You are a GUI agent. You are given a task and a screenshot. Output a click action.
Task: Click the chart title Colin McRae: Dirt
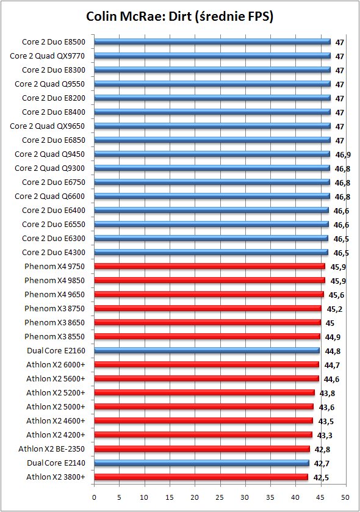[x=179, y=16]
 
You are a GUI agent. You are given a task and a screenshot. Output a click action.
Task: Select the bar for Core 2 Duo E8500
[x=212, y=41]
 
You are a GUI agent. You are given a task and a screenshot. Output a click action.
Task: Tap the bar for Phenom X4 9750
[x=209, y=267]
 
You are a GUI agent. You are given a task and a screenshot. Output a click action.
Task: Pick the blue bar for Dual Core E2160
[x=207, y=351]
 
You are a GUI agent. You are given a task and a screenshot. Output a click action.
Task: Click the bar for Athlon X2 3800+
[x=201, y=477]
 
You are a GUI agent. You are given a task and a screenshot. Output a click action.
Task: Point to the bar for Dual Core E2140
[x=201, y=463]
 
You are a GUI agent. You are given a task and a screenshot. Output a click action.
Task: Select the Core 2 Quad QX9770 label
[x=48, y=56]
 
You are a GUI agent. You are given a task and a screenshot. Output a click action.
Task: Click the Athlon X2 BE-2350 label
[x=52, y=449]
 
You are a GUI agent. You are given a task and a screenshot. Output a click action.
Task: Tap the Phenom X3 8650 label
[x=54, y=323]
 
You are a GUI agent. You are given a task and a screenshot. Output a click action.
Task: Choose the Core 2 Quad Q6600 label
[x=49, y=197]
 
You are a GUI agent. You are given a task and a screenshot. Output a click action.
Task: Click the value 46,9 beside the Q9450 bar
[x=343, y=155]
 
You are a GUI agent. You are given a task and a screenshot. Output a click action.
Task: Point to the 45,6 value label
[x=336, y=295]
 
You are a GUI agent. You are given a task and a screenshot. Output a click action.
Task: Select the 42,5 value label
[x=321, y=478]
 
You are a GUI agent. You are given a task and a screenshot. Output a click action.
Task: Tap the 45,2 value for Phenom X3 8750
[x=334, y=309]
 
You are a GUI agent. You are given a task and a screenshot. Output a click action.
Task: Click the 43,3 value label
[x=325, y=436]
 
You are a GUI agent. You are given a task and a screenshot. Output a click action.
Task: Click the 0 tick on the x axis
[x=94, y=497]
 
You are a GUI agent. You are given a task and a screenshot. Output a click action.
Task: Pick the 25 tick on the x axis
[x=220, y=497]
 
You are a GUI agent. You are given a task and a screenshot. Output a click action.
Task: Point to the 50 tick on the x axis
[x=345, y=497]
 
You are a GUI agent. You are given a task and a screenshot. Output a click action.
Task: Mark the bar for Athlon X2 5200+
[x=204, y=393]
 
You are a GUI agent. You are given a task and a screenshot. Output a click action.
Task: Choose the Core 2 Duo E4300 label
[x=54, y=253]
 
